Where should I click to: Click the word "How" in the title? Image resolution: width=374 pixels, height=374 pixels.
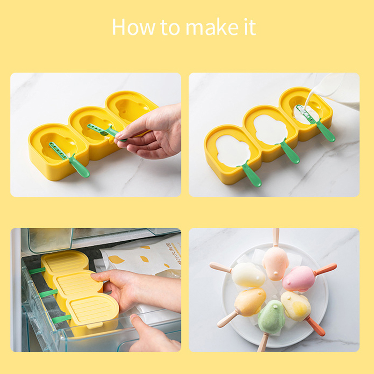coord(134,27)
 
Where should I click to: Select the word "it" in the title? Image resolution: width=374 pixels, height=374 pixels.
coord(250,27)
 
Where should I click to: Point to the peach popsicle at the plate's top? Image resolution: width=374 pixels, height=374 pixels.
coord(275,262)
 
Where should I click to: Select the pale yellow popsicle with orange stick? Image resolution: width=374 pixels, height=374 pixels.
coord(296,307)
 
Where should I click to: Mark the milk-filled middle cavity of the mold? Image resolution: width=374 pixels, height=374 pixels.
coord(270,129)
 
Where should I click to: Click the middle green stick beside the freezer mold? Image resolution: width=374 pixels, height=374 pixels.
coord(49,294)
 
